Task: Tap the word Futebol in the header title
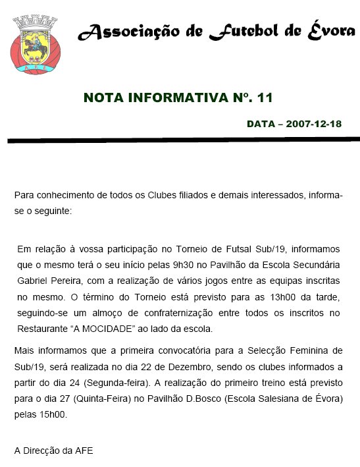tap(245, 32)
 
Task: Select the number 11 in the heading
tap(265, 98)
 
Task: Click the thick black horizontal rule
tap(184, 140)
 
